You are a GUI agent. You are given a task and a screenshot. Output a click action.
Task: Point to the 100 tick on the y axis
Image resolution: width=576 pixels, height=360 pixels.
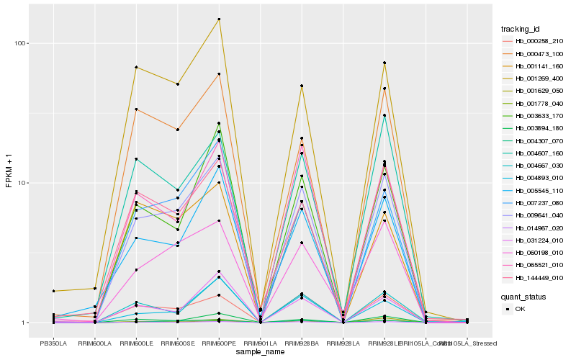(x=19, y=43)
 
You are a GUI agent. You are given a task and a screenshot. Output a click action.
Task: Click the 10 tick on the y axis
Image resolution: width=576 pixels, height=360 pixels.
(x=22, y=183)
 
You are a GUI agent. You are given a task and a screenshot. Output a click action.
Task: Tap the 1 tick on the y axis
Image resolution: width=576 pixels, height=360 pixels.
(x=24, y=323)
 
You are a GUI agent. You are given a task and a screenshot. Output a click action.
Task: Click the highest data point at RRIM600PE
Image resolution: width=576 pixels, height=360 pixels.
(x=219, y=19)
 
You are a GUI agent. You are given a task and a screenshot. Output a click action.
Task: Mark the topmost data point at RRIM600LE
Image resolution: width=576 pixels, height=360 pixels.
(x=136, y=68)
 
